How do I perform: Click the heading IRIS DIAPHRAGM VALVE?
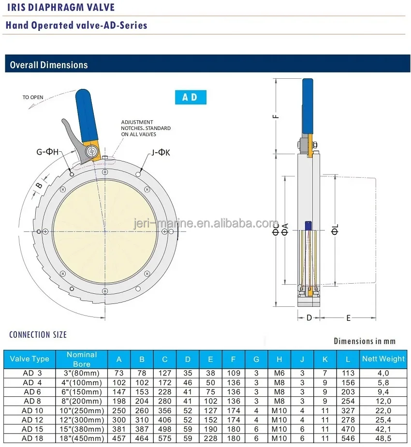click(x=60, y=8)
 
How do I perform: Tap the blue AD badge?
click(x=190, y=97)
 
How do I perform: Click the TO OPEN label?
click(x=33, y=97)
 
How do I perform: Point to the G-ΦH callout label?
click(x=47, y=152)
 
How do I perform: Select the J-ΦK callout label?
click(x=161, y=153)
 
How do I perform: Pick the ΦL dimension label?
click(x=335, y=230)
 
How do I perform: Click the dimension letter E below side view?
click(x=348, y=318)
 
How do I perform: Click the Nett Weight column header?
click(x=383, y=359)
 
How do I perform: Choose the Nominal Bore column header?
click(x=82, y=359)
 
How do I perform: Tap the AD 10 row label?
click(x=29, y=410)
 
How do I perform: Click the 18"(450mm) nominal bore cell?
click(x=82, y=438)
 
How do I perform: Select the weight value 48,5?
click(x=383, y=438)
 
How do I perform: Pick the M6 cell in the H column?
click(x=279, y=373)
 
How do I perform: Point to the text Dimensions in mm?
click(x=364, y=341)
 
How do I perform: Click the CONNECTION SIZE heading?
click(x=38, y=334)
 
